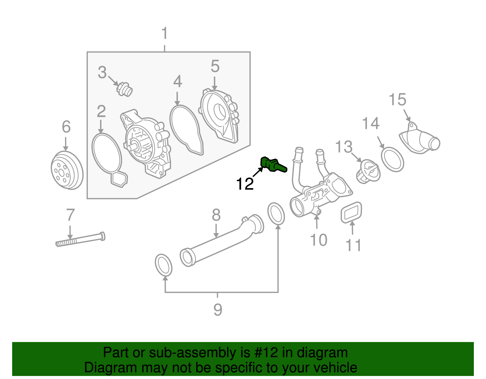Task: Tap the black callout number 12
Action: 245,184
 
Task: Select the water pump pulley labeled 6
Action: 67,170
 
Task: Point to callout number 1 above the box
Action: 164,33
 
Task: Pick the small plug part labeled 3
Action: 125,89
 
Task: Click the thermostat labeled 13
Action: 368,171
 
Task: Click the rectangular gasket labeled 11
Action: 351,213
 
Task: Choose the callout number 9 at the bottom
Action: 217,310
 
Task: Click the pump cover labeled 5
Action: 220,115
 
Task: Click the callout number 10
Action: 318,240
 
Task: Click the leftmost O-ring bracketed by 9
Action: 163,265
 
